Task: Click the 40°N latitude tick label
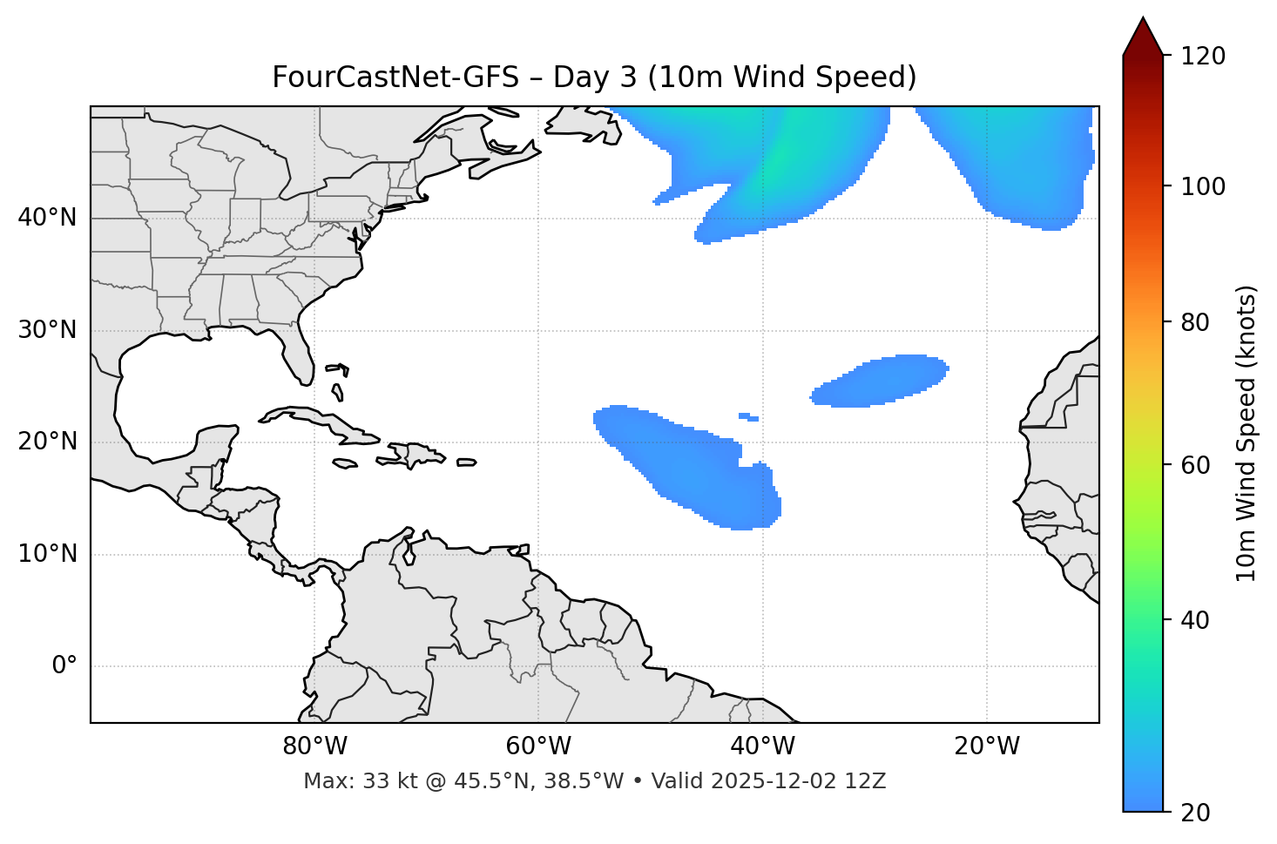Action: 47,218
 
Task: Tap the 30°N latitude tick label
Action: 47,330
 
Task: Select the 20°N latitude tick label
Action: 47,442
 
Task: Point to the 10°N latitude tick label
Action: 47,554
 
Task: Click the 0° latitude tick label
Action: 64,666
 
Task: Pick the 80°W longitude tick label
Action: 314,746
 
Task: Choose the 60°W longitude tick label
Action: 538,746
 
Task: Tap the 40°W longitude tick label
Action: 763,746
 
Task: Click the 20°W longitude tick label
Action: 987,746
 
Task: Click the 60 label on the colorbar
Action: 1197,465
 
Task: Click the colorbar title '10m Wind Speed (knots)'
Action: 1247,433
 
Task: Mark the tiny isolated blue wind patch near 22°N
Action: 748,417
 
